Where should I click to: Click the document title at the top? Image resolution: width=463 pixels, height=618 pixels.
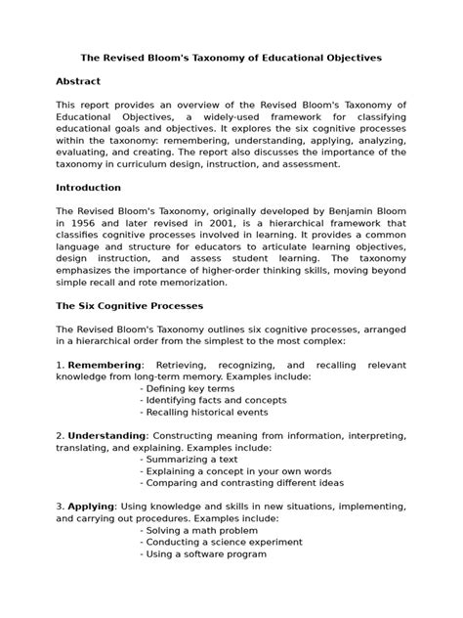tap(231, 58)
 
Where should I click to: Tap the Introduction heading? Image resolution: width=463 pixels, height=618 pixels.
tap(89, 187)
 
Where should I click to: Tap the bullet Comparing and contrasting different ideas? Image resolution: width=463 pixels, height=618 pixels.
tap(241, 484)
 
